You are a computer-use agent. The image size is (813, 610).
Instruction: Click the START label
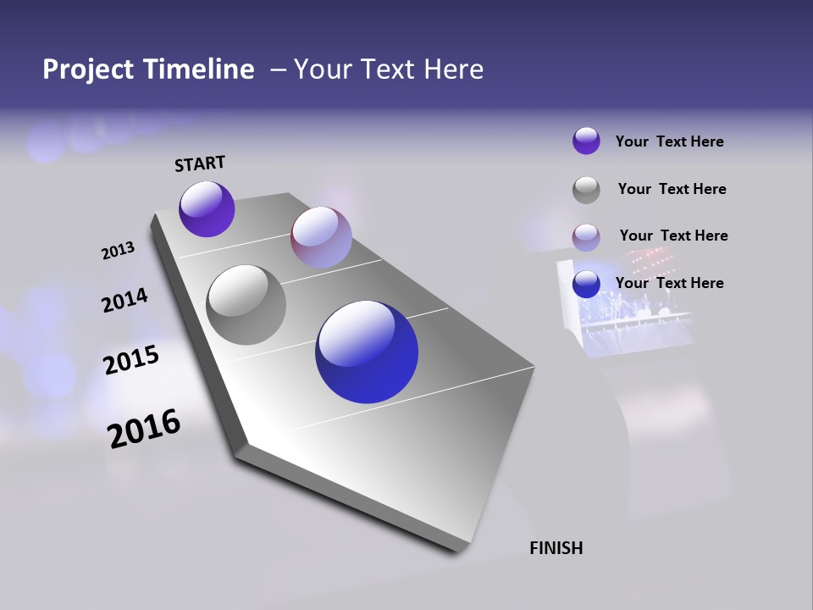point(200,163)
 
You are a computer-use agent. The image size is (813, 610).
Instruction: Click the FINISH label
point(556,548)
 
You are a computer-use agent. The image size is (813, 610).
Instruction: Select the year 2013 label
point(118,250)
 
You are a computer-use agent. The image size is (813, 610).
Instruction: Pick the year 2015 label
point(131,360)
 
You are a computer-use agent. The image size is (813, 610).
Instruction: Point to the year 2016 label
point(144,428)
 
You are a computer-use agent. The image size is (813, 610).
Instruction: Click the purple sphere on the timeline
point(207,209)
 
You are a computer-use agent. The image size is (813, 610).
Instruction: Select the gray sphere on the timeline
point(246,304)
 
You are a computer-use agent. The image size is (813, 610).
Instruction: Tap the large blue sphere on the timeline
point(367,352)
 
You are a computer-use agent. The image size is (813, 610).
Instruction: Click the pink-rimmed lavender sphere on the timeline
point(321,237)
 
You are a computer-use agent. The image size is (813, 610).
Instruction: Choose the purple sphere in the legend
point(586,141)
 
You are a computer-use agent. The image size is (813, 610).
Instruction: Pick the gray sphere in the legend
point(586,190)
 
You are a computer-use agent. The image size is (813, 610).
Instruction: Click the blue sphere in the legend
point(586,284)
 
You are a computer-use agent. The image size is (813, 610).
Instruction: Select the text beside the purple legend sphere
point(669,141)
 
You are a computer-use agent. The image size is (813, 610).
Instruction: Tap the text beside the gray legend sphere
point(672,189)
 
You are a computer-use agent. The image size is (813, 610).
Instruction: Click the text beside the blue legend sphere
point(669,283)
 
